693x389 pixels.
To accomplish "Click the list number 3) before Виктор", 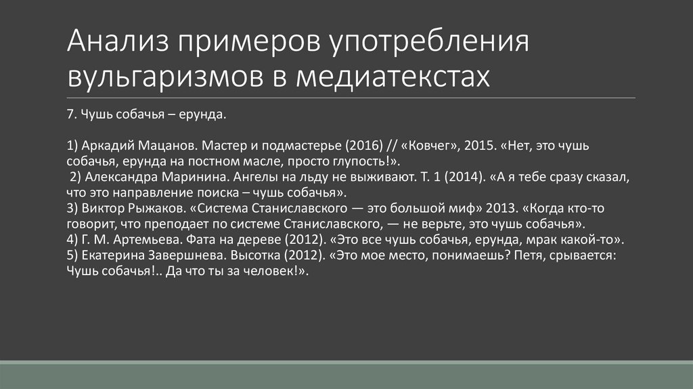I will [74, 207].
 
